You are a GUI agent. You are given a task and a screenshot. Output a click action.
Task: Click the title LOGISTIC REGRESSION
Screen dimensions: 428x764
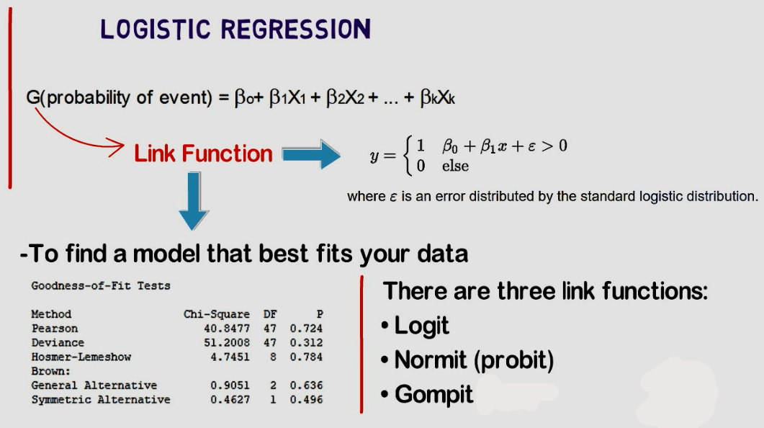pos(235,29)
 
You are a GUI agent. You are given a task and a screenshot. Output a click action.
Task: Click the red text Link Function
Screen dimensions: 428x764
pos(203,153)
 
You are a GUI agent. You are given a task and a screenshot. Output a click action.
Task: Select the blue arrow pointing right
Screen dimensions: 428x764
pos(310,153)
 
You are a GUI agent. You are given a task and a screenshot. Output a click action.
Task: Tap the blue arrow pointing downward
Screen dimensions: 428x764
pos(192,201)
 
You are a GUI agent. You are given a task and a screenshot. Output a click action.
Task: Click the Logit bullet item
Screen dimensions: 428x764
pos(422,326)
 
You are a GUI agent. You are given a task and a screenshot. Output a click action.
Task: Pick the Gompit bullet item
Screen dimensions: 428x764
pos(433,394)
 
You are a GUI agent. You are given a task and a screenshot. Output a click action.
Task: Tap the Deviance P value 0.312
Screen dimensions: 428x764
pos(306,343)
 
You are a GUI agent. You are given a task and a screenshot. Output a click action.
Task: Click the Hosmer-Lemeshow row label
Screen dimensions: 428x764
pos(81,357)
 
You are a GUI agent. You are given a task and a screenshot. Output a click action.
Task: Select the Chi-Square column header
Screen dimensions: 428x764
pos(217,314)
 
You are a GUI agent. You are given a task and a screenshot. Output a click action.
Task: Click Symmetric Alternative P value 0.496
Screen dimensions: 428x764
pos(306,399)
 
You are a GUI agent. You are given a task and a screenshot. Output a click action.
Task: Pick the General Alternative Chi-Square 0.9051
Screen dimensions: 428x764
pos(230,385)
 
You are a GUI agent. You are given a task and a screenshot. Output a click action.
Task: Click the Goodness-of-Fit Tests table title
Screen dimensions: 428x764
pos(101,286)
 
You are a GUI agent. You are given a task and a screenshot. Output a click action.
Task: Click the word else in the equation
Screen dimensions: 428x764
pos(455,166)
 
